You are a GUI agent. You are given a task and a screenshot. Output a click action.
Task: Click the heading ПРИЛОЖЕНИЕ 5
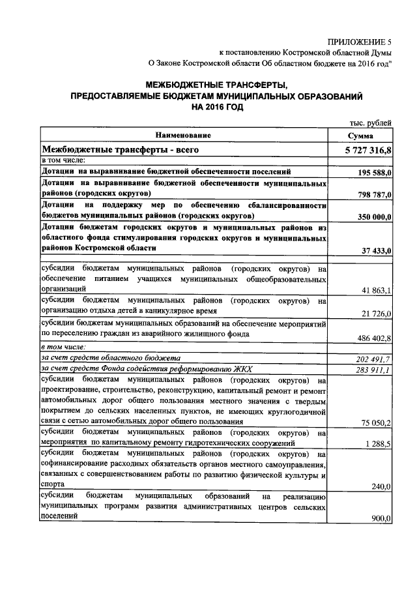[360, 40]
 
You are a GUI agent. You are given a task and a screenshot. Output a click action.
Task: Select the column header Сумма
[360, 136]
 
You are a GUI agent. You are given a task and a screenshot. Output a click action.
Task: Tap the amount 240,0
[381, 486]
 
